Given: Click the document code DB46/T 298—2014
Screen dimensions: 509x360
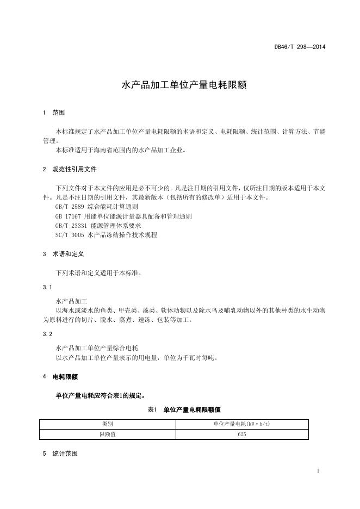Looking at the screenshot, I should click(x=300, y=47).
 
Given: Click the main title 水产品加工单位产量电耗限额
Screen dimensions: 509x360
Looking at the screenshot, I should click(x=179, y=85).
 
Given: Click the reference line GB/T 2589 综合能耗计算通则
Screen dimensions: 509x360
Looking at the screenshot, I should click(x=96, y=207).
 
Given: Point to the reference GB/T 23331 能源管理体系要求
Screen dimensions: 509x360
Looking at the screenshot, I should click(x=98, y=225).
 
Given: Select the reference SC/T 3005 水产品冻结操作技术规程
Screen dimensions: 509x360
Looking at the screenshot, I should click(x=105, y=234).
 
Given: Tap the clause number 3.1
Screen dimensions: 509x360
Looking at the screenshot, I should click(x=47, y=287).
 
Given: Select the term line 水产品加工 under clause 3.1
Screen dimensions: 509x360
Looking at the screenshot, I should click(x=75, y=300).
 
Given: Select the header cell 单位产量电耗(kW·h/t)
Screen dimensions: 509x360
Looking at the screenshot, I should click(x=241, y=424).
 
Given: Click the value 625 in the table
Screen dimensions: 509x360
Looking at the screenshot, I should click(x=241, y=434).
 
